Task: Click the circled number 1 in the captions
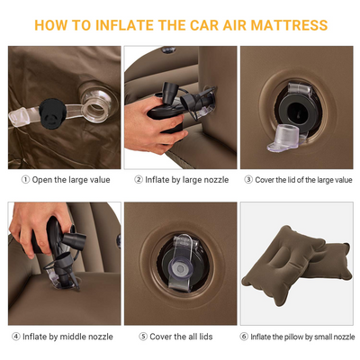tap(26, 179)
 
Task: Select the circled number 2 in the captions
tap(139, 179)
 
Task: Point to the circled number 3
tap(248, 179)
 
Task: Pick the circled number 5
tap(142, 337)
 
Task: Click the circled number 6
tap(244, 337)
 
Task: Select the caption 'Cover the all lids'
tap(184, 337)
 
